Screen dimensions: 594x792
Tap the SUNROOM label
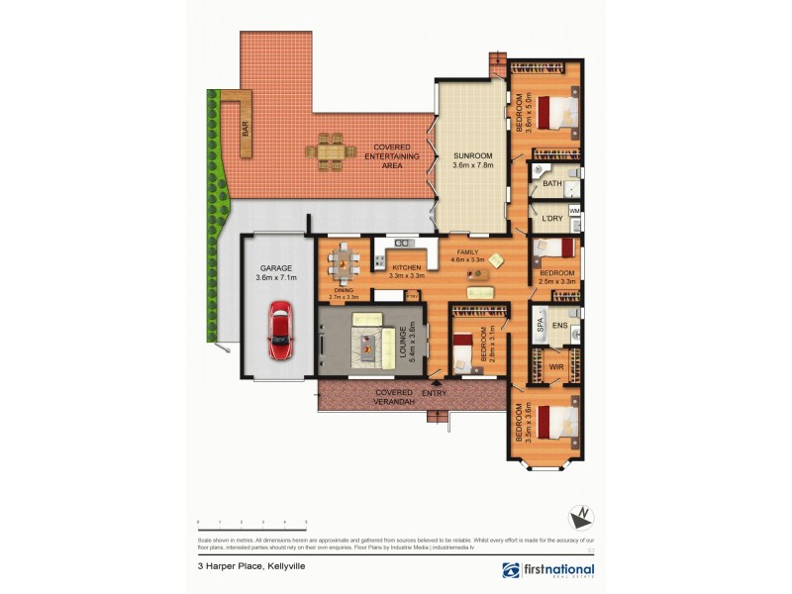472,156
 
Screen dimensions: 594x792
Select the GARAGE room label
276,268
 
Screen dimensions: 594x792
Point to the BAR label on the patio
246,129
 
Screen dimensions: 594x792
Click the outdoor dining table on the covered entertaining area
331,151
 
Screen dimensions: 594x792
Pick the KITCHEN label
407,268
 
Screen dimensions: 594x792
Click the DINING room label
343,290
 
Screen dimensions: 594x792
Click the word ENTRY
435,394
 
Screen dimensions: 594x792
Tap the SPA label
541,323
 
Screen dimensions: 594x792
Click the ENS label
560,325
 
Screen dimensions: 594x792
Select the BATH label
552,183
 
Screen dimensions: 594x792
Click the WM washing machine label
574,210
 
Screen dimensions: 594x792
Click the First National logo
547,571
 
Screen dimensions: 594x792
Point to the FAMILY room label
467,253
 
